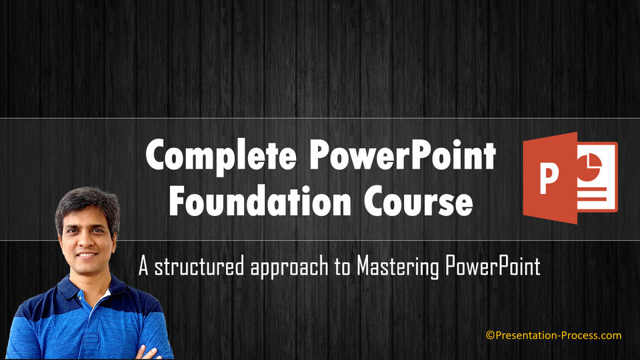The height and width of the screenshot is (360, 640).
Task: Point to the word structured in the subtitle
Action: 199,267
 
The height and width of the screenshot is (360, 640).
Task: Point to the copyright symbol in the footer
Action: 489,335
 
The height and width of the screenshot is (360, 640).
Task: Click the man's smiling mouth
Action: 87,255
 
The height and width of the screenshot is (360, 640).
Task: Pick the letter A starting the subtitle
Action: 143,267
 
